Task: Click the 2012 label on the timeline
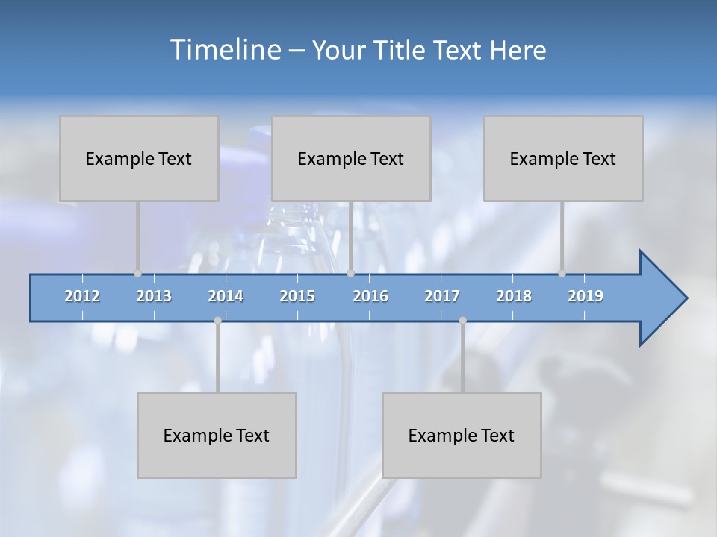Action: pyautogui.click(x=82, y=296)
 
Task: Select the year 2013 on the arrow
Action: pyautogui.click(x=154, y=296)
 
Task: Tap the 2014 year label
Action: pyautogui.click(x=226, y=296)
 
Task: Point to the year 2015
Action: pyautogui.click(x=297, y=296)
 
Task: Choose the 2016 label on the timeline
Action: pyautogui.click(x=370, y=296)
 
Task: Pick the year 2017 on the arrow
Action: pyautogui.click(x=442, y=296)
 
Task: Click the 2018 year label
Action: pyautogui.click(x=514, y=296)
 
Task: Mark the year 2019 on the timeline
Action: pyautogui.click(x=586, y=296)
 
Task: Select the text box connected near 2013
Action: pyautogui.click(x=139, y=159)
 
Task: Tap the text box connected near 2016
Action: pyautogui.click(x=351, y=159)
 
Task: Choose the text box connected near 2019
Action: pyautogui.click(x=563, y=159)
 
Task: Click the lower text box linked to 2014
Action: pyautogui.click(x=217, y=435)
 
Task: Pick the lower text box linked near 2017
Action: pyautogui.click(x=462, y=435)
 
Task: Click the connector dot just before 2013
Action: pyautogui.click(x=138, y=274)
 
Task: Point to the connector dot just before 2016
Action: pyautogui.click(x=350, y=274)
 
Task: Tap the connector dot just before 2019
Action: pyautogui.click(x=562, y=274)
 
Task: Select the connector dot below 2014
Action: pyautogui.click(x=217, y=321)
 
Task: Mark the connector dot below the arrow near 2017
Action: pyautogui.click(x=462, y=321)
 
